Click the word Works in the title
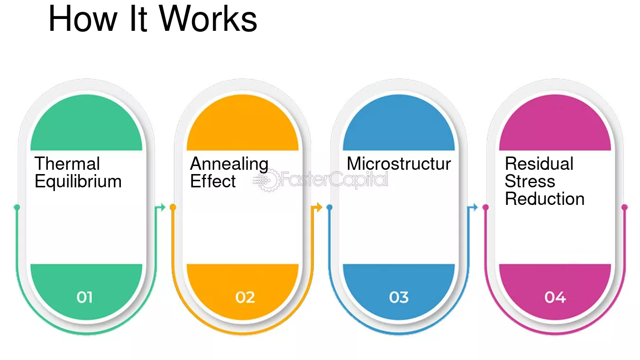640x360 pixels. (208, 18)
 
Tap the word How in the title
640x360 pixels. (83, 18)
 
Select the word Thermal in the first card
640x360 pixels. (67, 164)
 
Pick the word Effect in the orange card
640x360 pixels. (213, 181)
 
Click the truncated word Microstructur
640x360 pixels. (399, 164)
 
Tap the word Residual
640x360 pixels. (539, 164)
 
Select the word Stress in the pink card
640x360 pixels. (530, 181)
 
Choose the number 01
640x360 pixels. (84, 297)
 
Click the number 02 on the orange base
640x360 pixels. (245, 297)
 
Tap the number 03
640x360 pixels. (399, 297)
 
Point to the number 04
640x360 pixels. (555, 297)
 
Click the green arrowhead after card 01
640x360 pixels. (163, 207)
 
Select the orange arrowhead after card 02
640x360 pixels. (320, 207)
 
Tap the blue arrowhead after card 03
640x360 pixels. (475, 207)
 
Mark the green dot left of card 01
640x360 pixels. (17, 207)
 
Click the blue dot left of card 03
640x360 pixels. (329, 207)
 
